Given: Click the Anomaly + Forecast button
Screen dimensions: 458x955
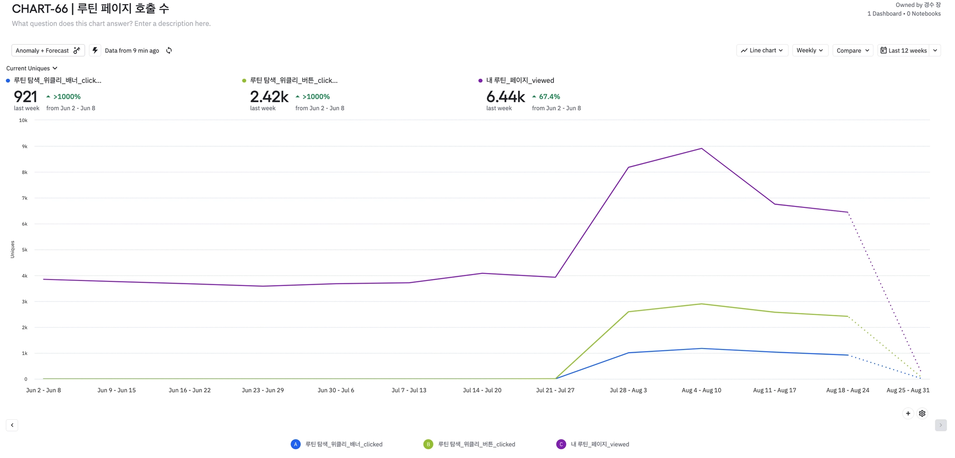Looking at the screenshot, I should pyautogui.click(x=48, y=50).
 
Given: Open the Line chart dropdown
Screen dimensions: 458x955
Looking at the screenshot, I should pyautogui.click(x=762, y=50).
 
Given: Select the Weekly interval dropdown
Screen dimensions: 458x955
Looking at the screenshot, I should pyautogui.click(x=810, y=50).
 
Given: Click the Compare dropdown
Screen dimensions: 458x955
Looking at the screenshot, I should pyautogui.click(x=852, y=50).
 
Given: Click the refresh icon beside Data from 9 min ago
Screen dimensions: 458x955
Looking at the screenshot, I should pyautogui.click(x=169, y=50).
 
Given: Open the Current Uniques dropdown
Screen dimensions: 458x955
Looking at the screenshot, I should pyautogui.click(x=32, y=68).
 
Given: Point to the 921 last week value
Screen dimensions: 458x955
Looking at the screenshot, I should pyautogui.click(x=26, y=97).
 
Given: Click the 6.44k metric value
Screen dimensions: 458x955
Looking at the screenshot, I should pyautogui.click(x=505, y=97).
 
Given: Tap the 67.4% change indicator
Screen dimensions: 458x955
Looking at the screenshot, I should pyautogui.click(x=549, y=97).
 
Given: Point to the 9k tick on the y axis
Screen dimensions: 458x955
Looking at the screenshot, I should pyautogui.click(x=25, y=146).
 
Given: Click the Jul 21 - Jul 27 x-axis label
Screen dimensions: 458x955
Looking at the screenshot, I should pyautogui.click(x=555, y=390).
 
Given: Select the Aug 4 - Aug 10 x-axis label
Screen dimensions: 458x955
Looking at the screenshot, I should pyautogui.click(x=701, y=390).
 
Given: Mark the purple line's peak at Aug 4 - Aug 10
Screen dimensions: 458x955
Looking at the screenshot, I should pyautogui.click(x=701, y=149).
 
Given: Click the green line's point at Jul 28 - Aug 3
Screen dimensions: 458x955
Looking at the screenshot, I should pyautogui.click(x=629, y=312).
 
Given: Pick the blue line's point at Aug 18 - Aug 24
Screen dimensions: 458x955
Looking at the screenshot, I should pyautogui.click(x=848, y=355).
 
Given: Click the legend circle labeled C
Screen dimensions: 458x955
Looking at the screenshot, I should pyautogui.click(x=561, y=444).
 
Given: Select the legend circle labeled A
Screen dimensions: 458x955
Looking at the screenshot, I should pyautogui.click(x=296, y=444).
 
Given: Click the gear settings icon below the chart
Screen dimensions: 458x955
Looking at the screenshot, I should pyautogui.click(x=922, y=413).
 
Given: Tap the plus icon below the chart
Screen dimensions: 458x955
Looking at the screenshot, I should pyautogui.click(x=908, y=413).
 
